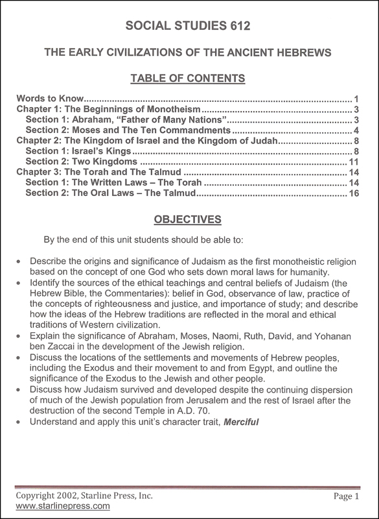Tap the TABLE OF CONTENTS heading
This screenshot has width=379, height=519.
pyautogui.click(x=189, y=78)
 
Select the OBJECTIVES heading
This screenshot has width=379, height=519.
pyautogui.click(x=189, y=218)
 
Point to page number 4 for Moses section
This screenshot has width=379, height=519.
pyautogui.click(x=356, y=130)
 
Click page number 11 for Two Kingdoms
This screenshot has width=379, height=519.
pyautogui.click(x=354, y=162)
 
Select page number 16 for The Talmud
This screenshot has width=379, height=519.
pyautogui.click(x=354, y=193)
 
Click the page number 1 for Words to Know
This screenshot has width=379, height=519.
pyautogui.click(x=356, y=99)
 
